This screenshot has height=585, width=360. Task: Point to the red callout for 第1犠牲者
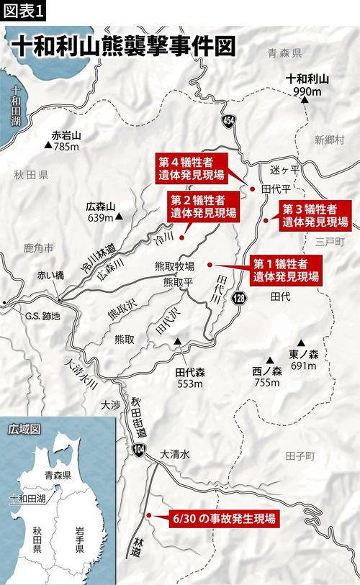(284, 268)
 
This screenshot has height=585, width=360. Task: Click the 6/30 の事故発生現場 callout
(223, 518)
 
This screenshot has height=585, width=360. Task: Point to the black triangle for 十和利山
(306, 100)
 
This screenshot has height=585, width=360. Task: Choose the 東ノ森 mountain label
(303, 353)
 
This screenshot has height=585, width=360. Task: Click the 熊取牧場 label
(171, 265)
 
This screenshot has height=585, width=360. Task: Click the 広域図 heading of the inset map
(21, 429)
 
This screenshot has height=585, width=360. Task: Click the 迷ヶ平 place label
(284, 170)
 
